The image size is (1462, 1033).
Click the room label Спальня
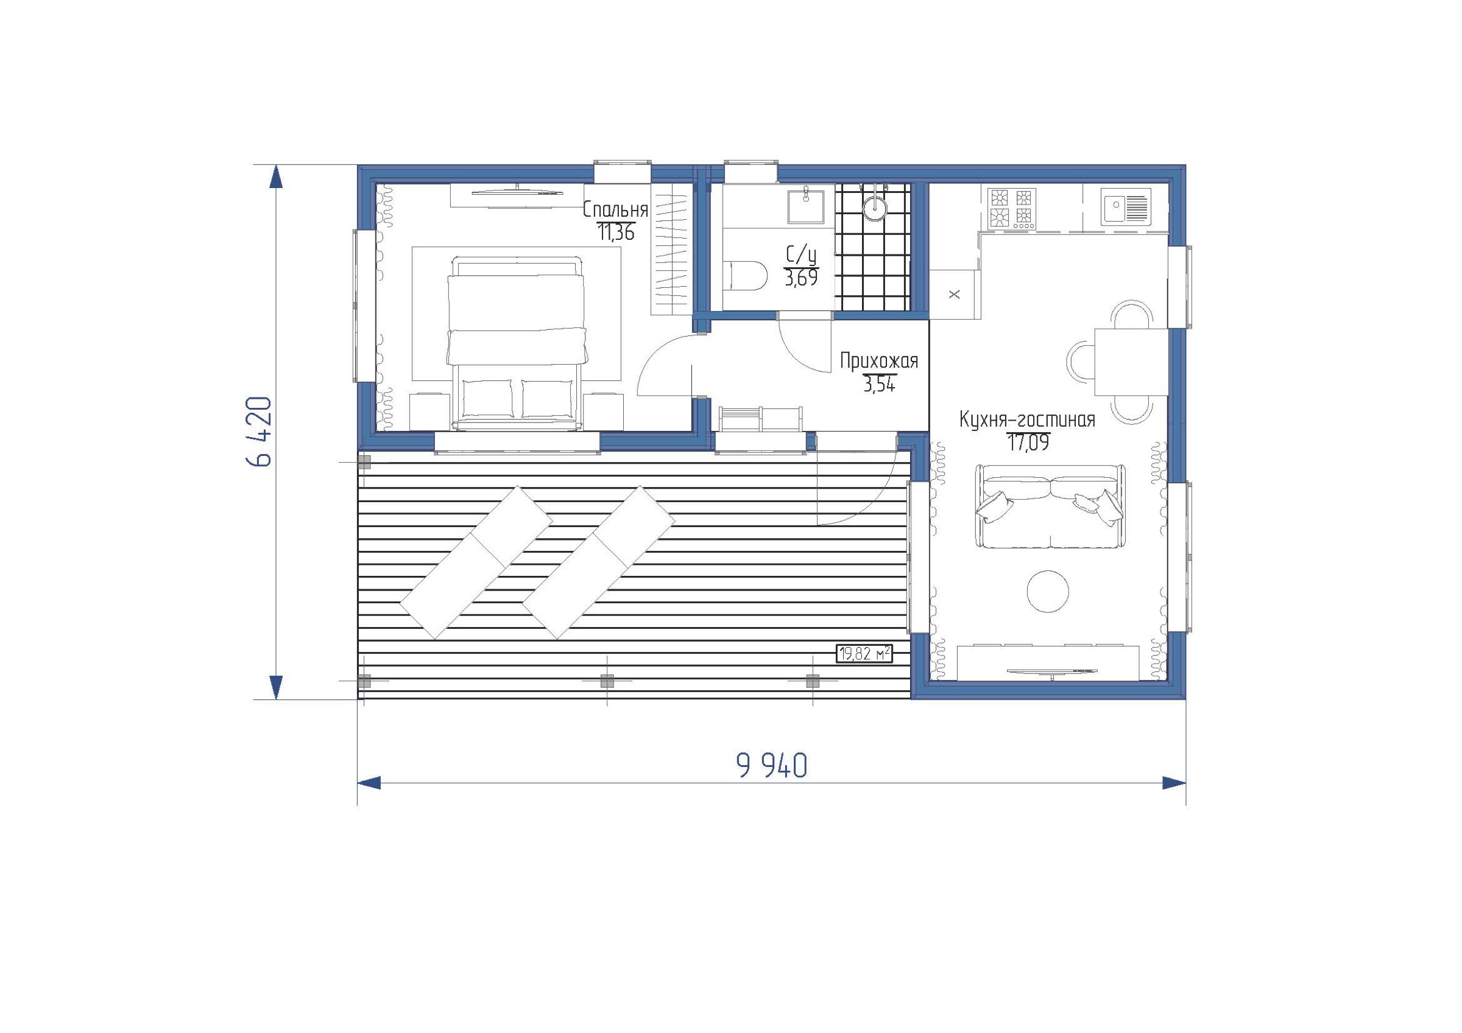616,209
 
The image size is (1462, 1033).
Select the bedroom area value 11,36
616,233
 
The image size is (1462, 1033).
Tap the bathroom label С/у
801,256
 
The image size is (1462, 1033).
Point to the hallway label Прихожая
879,362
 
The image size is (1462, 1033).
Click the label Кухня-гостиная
1028,420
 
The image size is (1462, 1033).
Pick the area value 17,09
1028,443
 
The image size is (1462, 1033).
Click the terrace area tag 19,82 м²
864,654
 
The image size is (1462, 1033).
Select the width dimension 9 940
772,765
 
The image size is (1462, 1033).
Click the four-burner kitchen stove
1011,209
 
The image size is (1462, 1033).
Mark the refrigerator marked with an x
954,294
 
